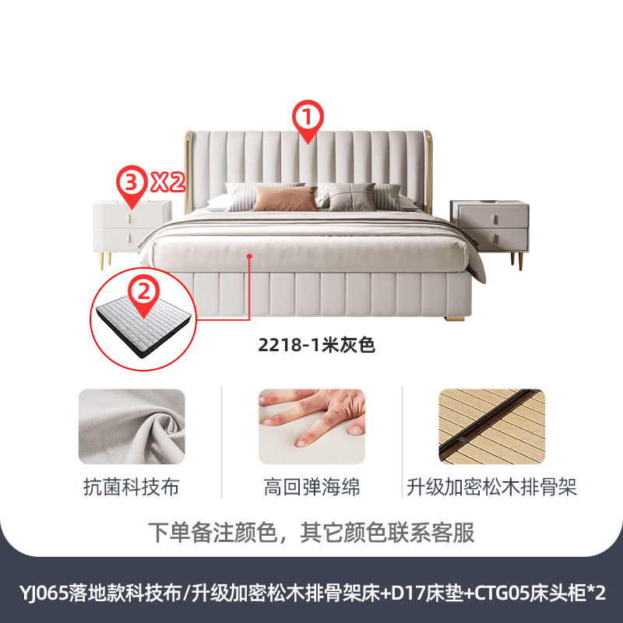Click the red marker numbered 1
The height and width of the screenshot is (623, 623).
pyautogui.click(x=307, y=121)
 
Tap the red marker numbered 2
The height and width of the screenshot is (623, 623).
pyautogui.click(x=143, y=292)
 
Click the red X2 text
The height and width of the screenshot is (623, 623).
pyautogui.click(x=166, y=183)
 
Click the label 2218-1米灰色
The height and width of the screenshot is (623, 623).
pyautogui.click(x=317, y=345)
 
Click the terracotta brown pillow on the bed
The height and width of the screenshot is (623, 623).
pyautogui.click(x=285, y=199)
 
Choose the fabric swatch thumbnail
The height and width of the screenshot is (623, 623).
pyautogui.click(x=132, y=428)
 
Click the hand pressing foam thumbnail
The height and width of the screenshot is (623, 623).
pyautogui.click(x=311, y=428)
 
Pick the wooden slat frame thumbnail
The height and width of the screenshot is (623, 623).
pyautogui.click(x=491, y=428)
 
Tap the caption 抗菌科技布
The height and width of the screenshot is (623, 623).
pyautogui.click(x=132, y=488)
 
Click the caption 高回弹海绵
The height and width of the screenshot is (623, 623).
pyautogui.click(x=311, y=488)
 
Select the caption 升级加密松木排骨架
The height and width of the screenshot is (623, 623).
pyautogui.click(x=491, y=488)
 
